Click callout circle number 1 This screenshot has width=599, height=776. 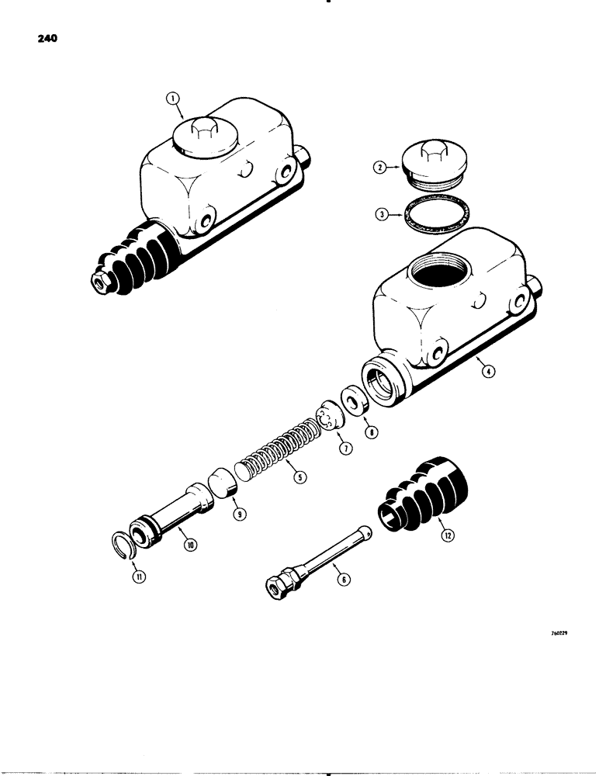click(172, 99)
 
